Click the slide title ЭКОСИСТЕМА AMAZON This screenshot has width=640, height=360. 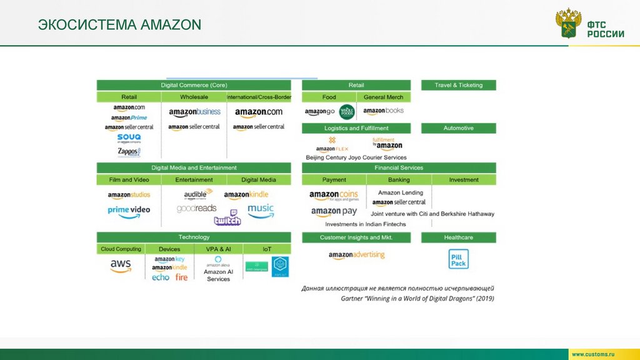(119, 25)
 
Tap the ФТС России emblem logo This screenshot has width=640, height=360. (568, 24)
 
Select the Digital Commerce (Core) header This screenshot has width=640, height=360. (194, 85)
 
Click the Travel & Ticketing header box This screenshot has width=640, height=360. (458, 85)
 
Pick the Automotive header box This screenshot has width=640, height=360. (458, 128)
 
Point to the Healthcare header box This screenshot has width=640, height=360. (458, 237)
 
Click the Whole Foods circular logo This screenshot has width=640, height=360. (347, 112)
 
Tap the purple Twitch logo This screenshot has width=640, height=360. (227, 218)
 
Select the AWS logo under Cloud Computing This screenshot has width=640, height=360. (121, 266)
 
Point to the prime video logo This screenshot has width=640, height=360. (129, 211)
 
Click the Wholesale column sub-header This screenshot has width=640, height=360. (194, 97)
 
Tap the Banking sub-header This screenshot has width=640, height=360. (399, 180)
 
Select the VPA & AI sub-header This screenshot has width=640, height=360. (219, 249)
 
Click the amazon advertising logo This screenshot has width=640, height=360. (356, 255)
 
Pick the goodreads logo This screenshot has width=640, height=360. (196, 208)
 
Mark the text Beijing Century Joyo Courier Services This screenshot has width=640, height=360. (356, 157)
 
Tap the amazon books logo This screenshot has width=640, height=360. (383, 111)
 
